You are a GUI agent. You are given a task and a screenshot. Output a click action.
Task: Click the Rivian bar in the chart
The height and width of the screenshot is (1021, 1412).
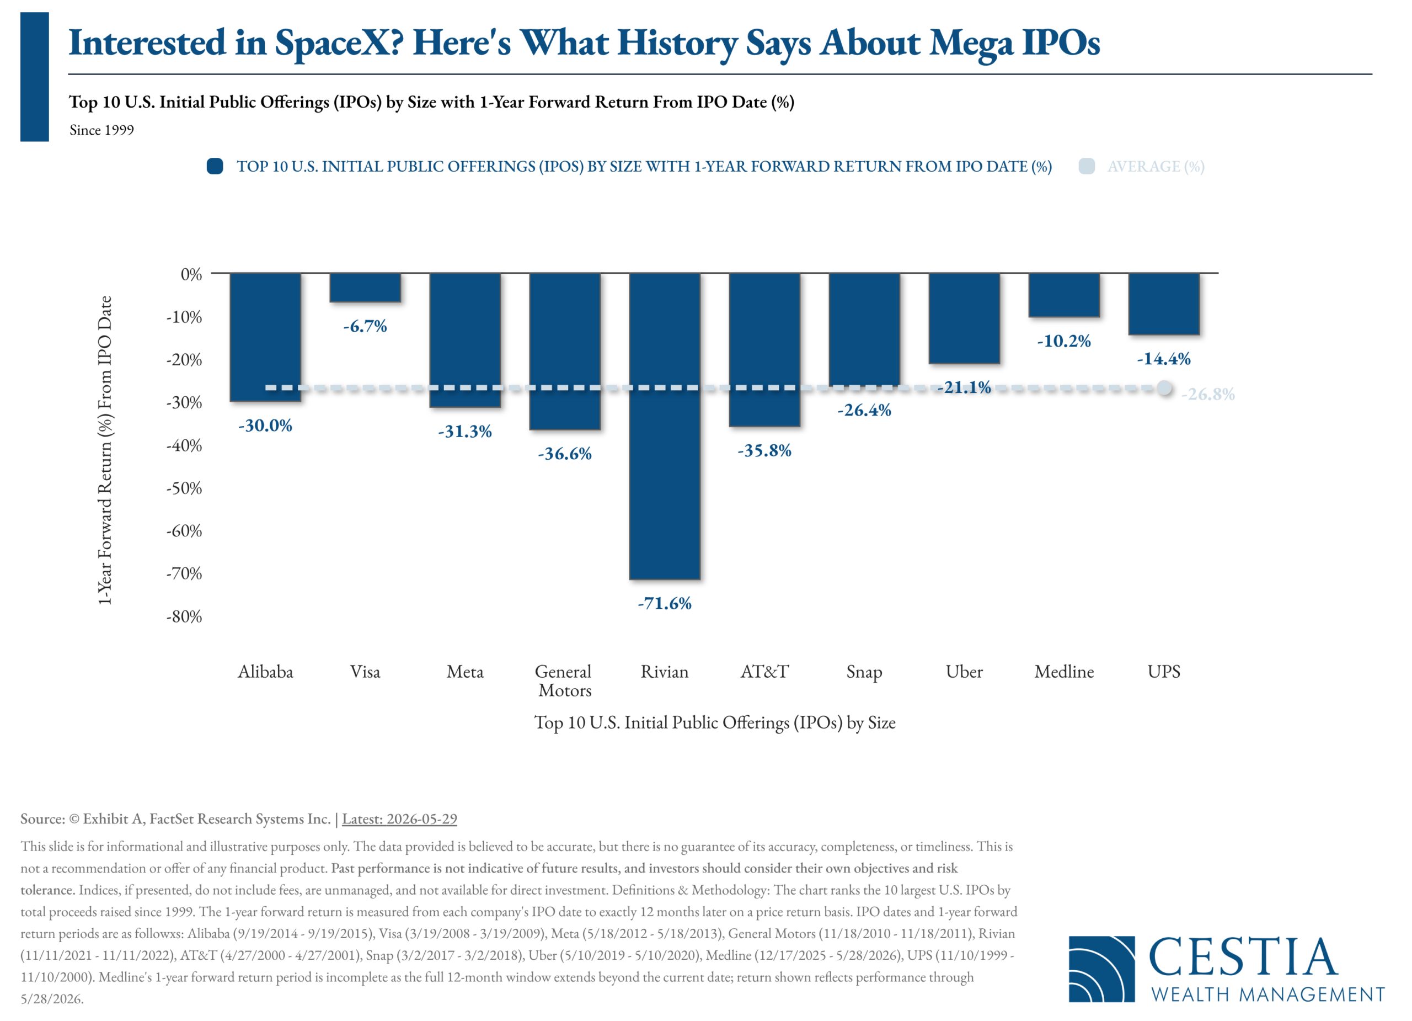click(664, 426)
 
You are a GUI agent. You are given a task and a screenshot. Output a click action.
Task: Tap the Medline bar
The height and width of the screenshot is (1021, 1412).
click(1064, 295)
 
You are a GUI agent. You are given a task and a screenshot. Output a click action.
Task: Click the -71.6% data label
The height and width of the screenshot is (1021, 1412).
click(664, 603)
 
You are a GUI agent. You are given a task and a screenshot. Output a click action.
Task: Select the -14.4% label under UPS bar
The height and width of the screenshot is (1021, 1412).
click(1164, 358)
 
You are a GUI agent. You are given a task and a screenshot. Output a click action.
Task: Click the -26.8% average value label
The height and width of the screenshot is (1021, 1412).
click(1208, 393)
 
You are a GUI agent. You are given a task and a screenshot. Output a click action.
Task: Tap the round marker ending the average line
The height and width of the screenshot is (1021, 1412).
click(1164, 388)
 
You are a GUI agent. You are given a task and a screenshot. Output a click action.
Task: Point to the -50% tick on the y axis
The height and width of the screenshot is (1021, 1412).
click(184, 488)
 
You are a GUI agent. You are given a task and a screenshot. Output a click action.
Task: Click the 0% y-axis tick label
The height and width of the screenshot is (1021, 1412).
click(191, 274)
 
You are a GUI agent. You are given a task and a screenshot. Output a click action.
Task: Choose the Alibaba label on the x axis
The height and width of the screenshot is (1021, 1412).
click(265, 672)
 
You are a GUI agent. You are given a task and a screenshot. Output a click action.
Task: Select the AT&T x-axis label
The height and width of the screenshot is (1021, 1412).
click(764, 672)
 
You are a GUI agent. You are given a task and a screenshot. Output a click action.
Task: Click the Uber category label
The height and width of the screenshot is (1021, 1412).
click(964, 672)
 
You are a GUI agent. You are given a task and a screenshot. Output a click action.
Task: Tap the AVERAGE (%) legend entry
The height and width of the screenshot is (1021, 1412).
click(1142, 166)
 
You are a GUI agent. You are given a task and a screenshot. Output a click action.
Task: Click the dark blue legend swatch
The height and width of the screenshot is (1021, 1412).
click(215, 166)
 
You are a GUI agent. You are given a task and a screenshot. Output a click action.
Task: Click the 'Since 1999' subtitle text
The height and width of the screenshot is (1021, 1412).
click(101, 130)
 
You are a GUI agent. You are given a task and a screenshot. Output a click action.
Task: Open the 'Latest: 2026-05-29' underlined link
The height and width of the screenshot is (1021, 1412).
click(399, 818)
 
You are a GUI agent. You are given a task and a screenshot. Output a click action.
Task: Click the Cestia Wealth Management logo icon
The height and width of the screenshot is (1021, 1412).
click(1101, 969)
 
